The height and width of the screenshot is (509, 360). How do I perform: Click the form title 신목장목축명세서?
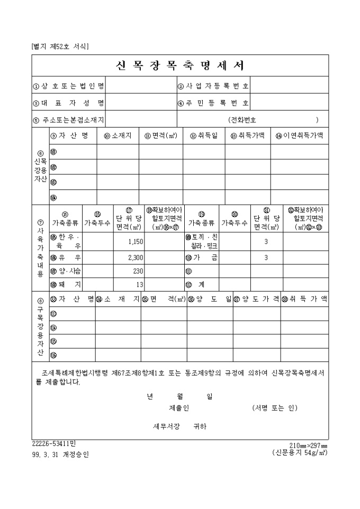(x=179, y=66)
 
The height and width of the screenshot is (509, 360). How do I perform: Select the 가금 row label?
(x=199, y=258)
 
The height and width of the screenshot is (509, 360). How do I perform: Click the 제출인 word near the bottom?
(x=179, y=408)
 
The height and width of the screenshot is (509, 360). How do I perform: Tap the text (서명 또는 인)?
(x=275, y=408)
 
